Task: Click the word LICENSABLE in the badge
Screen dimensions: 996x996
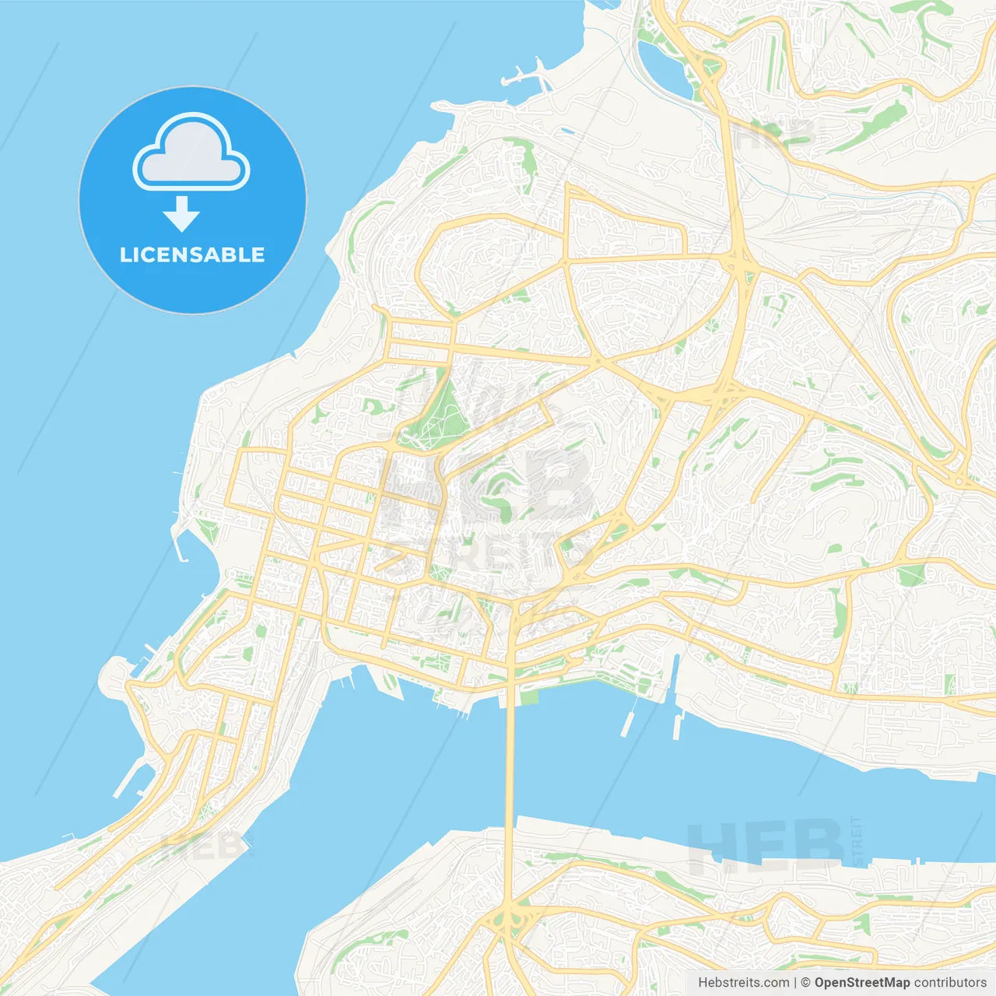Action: pyautogui.click(x=192, y=254)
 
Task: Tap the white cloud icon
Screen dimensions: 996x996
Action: pyautogui.click(x=191, y=154)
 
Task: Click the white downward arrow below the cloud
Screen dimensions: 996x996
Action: pyautogui.click(x=182, y=214)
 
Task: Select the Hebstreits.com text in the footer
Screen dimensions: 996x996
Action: pyautogui.click(x=743, y=983)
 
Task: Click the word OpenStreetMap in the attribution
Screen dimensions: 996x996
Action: pyautogui.click(x=862, y=983)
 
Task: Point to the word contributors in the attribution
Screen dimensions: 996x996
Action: pyautogui.click(x=950, y=983)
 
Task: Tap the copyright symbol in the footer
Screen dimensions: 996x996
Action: pyautogui.click(x=805, y=983)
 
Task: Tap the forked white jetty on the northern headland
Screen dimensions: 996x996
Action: pyautogui.click(x=525, y=75)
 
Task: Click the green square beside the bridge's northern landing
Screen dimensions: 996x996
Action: pyautogui.click(x=529, y=696)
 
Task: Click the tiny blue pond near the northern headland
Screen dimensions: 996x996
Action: pyautogui.click(x=566, y=131)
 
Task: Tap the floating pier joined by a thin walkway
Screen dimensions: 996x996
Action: pyautogui.click(x=627, y=724)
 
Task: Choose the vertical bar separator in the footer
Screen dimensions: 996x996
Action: pyautogui.click(x=796, y=983)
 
